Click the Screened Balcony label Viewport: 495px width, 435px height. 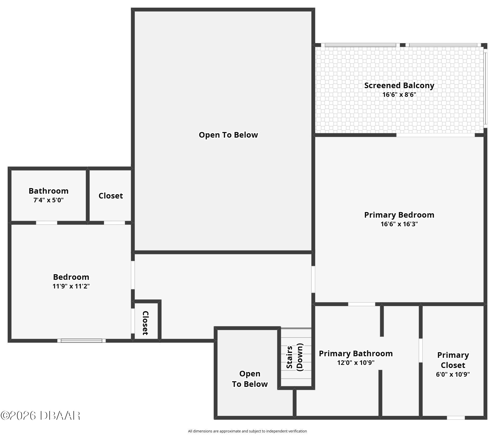(399, 86)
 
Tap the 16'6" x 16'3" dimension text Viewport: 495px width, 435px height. (399, 224)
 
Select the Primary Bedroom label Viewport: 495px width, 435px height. (399, 215)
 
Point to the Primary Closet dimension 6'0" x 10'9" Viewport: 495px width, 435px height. (453, 374)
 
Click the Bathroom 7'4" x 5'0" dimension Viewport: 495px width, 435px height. (48, 200)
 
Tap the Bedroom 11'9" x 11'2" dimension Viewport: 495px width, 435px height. (71, 286)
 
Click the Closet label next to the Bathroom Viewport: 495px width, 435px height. (111, 196)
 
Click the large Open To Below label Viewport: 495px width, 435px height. (228, 135)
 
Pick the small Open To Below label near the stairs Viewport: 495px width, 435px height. (250, 379)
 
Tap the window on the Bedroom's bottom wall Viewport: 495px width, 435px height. (81, 341)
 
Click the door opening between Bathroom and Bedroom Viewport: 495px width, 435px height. (47, 223)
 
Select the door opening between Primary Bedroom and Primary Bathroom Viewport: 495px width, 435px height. (362, 304)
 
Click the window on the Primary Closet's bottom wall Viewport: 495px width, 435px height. (456, 418)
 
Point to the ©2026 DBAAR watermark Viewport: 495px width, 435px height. (41, 416)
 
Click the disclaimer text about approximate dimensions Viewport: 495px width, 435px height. (247, 431)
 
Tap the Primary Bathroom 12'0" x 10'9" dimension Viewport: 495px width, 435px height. (356, 363)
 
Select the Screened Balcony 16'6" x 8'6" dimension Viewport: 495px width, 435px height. (399, 95)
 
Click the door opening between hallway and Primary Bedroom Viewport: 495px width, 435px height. (313, 279)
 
